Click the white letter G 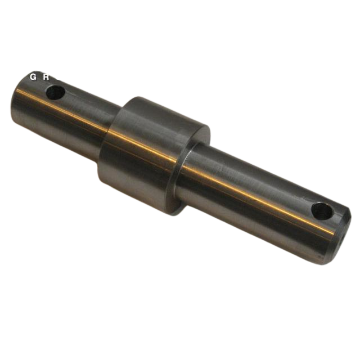tap(33, 76)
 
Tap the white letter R tap(46, 76)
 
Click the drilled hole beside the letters tap(56, 92)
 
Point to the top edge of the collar tap(169, 107)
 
